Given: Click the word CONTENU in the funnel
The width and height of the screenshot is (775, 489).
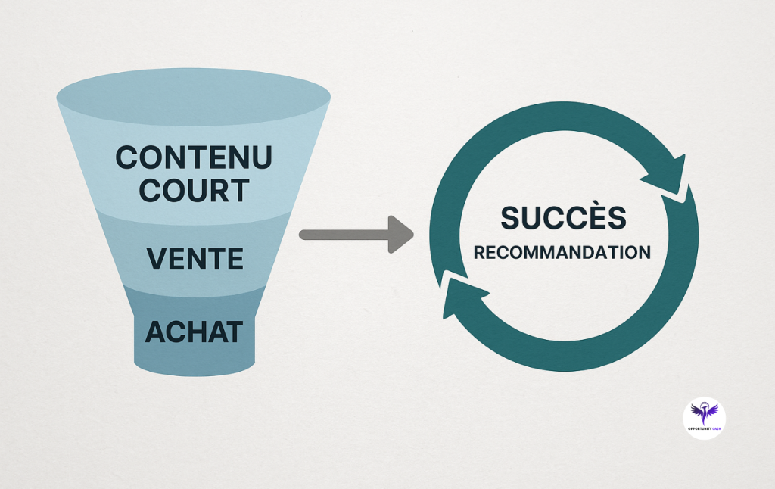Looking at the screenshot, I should click(x=194, y=158).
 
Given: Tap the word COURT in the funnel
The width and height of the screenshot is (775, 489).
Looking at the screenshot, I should click(x=195, y=191).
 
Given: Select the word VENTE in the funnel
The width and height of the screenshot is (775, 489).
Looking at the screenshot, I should click(x=195, y=260).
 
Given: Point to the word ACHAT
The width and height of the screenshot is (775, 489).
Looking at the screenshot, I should click(x=194, y=332).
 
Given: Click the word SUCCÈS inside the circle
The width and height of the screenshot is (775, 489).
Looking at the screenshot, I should click(x=563, y=218).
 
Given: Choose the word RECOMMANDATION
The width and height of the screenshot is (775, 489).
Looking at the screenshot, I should click(x=562, y=252).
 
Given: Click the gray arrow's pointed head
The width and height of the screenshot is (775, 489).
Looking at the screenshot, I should click(x=400, y=235).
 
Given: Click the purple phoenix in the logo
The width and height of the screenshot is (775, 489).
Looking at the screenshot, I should click(x=704, y=413).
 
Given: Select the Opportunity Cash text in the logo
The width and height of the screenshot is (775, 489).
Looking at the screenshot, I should click(x=704, y=428).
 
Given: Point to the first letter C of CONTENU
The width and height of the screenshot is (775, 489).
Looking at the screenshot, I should click(x=127, y=158).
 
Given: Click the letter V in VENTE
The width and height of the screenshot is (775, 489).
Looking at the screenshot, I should click(x=155, y=260).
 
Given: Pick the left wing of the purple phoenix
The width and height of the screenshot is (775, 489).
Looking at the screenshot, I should click(x=696, y=410).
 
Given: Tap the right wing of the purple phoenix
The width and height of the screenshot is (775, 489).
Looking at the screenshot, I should click(x=712, y=410).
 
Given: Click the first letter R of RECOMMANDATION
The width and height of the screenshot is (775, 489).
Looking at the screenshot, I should click(x=480, y=252).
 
